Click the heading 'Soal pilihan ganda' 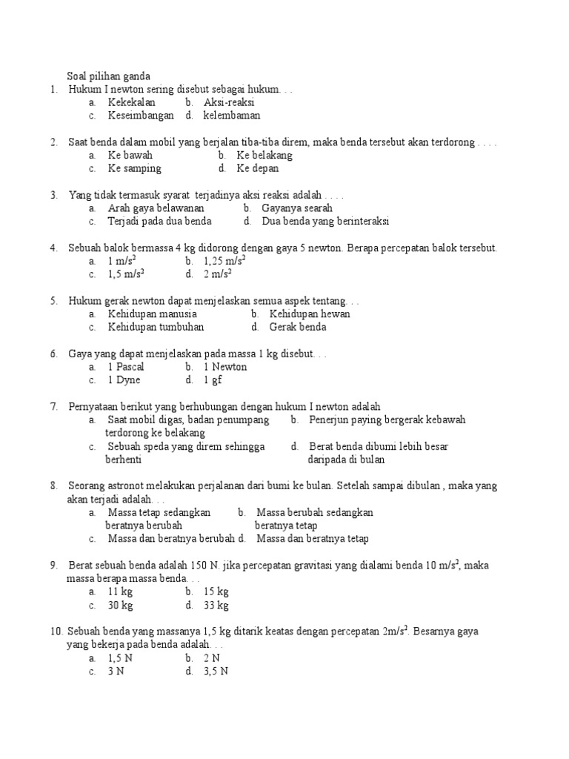click(108, 76)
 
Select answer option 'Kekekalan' click(132, 102)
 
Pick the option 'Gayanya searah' click(297, 208)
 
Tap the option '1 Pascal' click(126, 367)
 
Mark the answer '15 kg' click(216, 591)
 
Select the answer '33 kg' click(216, 605)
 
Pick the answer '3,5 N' click(216, 672)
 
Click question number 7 click(54, 406)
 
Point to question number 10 click(56, 632)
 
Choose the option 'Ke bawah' click(130, 156)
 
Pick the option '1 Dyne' click(124, 380)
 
